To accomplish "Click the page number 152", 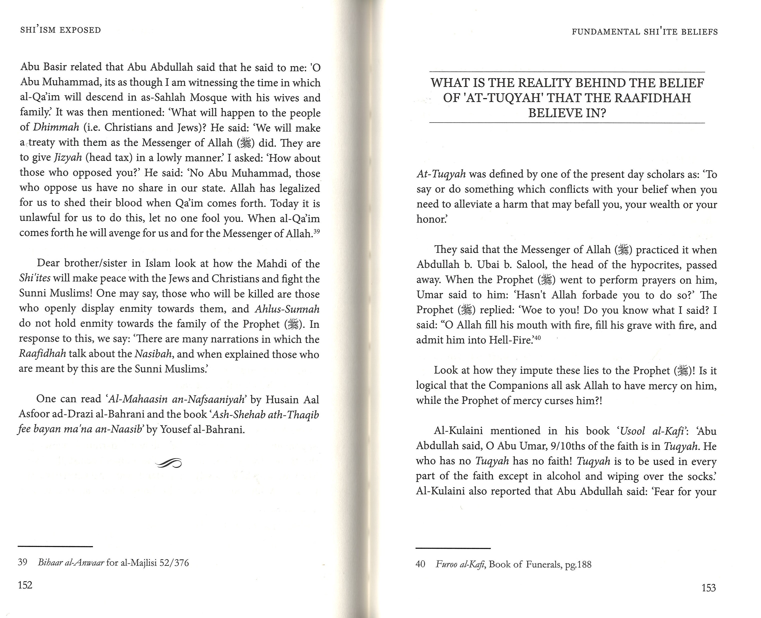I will click(25, 585).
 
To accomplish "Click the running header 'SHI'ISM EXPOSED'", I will click(61, 30).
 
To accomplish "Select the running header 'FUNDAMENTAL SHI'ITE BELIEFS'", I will click(645, 32).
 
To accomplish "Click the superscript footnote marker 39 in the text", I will click(317, 231).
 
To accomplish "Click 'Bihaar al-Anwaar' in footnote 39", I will click(71, 562).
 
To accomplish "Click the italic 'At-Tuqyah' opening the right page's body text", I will click(441, 174).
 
